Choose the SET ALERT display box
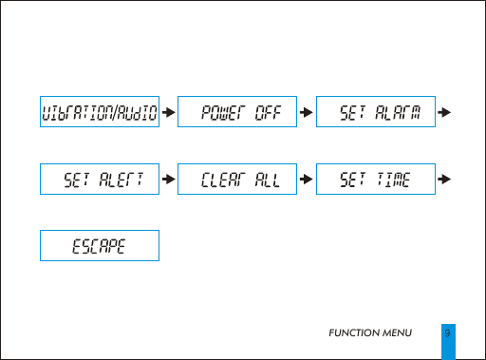98,179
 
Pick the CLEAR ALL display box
237,179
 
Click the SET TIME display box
376,179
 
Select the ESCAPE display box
98,245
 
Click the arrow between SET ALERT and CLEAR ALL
168,179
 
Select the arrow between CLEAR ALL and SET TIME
306,179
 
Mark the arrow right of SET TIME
444,179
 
